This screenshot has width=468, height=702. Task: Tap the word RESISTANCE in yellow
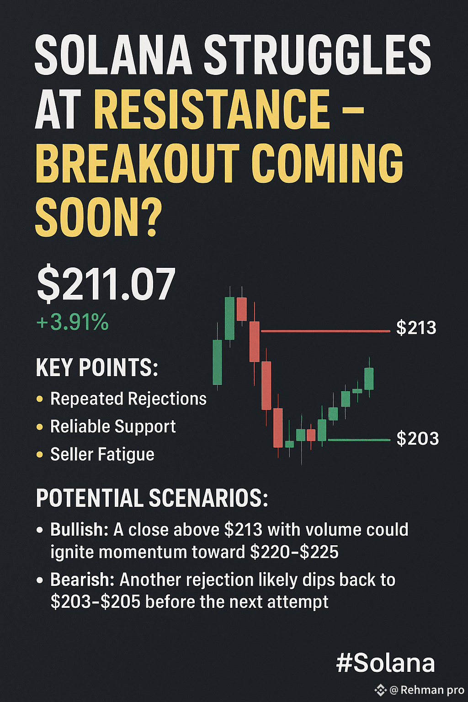click(x=212, y=109)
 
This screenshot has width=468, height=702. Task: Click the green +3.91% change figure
click(x=73, y=322)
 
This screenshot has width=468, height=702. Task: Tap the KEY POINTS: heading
click(x=97, y=367)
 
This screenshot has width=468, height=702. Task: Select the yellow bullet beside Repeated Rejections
click(x=40, y=399)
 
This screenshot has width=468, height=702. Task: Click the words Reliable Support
click(x=113, y=426)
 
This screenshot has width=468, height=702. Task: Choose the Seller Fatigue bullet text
click(x=102, y=454)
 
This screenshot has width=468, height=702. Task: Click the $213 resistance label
click(x=416, y=328)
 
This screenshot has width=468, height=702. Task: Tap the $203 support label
click(x=418, y=438)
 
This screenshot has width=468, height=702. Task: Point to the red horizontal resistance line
click(x=325, y=331)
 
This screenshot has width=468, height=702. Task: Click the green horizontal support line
click(x=359, y=440)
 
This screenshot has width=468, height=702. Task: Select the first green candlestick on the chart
click(x=217, y=362)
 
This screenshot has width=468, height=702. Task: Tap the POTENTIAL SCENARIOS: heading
click(x=152, y=498)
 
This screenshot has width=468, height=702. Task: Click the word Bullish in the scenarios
click(x=80, y=530)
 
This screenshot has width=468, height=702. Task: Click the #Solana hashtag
click(x=386, y=663)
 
